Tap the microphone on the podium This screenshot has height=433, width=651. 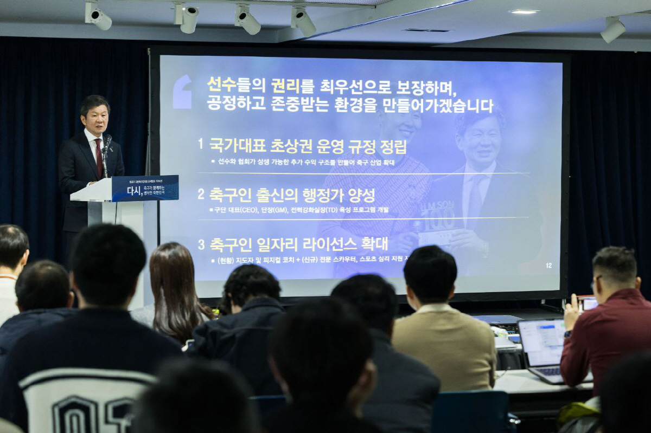click(x=107, y=143)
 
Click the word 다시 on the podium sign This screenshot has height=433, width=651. click(x=133, y=190)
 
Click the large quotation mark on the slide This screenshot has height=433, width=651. click(x=182, y=92)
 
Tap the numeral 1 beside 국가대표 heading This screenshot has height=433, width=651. click(x=200, y=144)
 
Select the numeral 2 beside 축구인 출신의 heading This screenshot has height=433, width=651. click(x=201, y=194)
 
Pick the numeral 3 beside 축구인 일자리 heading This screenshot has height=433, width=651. click(x=201, y=244)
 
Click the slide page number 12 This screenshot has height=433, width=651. click(x=548, y=266)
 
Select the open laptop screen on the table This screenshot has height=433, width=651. click(x=542, y=342)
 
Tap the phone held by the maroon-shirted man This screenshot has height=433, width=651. click(x=587, y=303)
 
